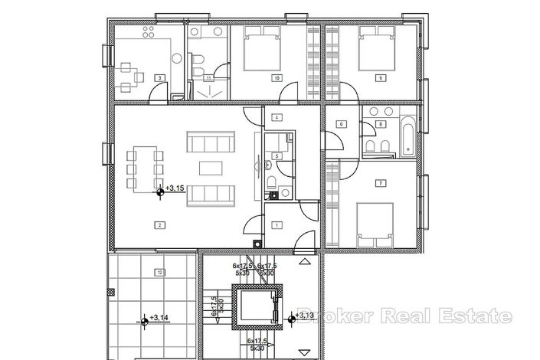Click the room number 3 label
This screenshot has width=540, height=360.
[159, 77]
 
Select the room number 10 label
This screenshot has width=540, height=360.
[275, 77]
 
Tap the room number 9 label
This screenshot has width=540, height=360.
[380, 77]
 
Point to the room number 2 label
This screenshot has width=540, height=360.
[159, 225]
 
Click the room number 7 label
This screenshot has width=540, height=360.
[380, 183]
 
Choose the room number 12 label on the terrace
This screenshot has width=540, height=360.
[159, 272]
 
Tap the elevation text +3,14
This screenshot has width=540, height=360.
[159, 316]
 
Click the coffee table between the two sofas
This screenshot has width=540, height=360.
[210, 166]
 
